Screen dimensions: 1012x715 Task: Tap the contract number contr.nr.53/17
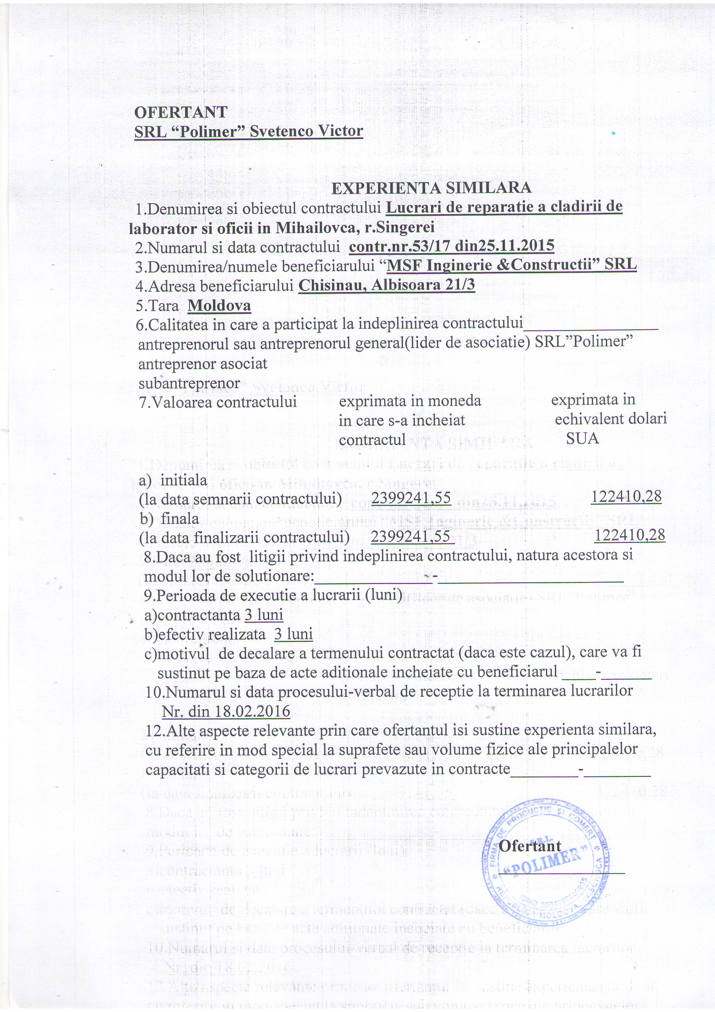400,246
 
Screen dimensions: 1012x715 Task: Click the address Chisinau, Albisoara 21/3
387,285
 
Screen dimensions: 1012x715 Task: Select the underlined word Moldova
219,306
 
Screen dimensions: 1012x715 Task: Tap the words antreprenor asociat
202,364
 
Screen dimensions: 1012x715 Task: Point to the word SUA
582,439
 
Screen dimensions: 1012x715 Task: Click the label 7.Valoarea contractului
218,402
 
